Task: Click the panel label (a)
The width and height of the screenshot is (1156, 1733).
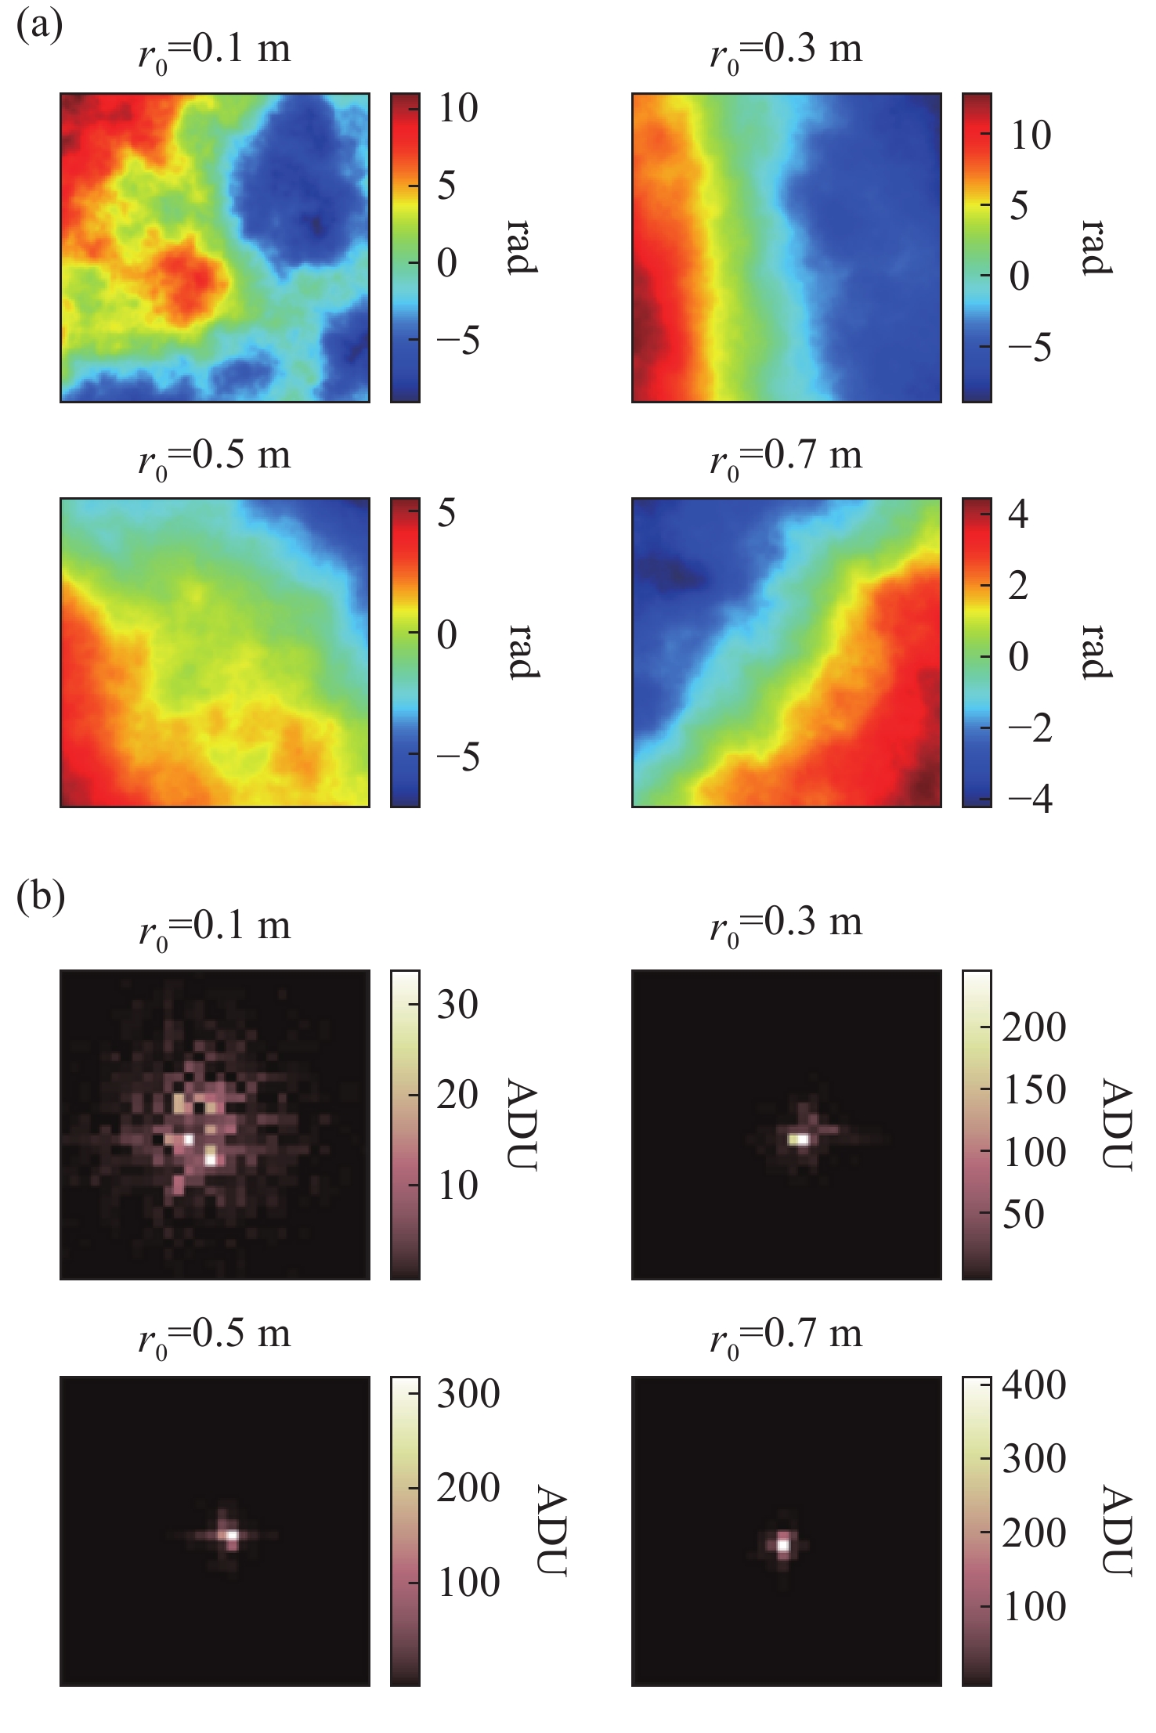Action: (39, 26)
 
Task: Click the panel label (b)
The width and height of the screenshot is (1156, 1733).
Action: (40, 897)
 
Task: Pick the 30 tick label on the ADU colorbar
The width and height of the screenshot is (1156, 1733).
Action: (457, 1004)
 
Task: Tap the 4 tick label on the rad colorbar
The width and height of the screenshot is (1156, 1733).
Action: (1018, 514)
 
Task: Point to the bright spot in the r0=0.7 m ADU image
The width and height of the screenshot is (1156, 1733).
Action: (782, 1545)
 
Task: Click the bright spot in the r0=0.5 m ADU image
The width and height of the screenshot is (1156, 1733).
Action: (231, 1536)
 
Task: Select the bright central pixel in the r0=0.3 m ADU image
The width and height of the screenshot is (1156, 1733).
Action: (799, 1139)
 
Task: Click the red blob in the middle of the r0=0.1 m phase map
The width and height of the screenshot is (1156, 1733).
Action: (186, 276)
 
